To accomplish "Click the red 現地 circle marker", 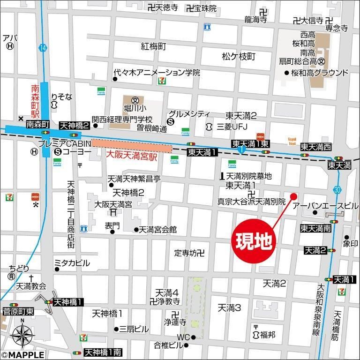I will pos(253,243).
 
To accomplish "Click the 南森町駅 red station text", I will pos(35,102).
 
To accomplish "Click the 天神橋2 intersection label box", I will pos(74,125).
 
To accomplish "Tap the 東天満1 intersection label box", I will pos(202,152).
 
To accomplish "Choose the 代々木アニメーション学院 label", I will pos(157,73).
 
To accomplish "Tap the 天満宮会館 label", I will pos(158,230).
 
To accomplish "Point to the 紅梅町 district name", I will pos(154,46).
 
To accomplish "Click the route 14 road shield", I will pos(43,48).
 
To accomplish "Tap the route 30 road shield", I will pos(338,189).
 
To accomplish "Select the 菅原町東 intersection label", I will pos(18,311).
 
